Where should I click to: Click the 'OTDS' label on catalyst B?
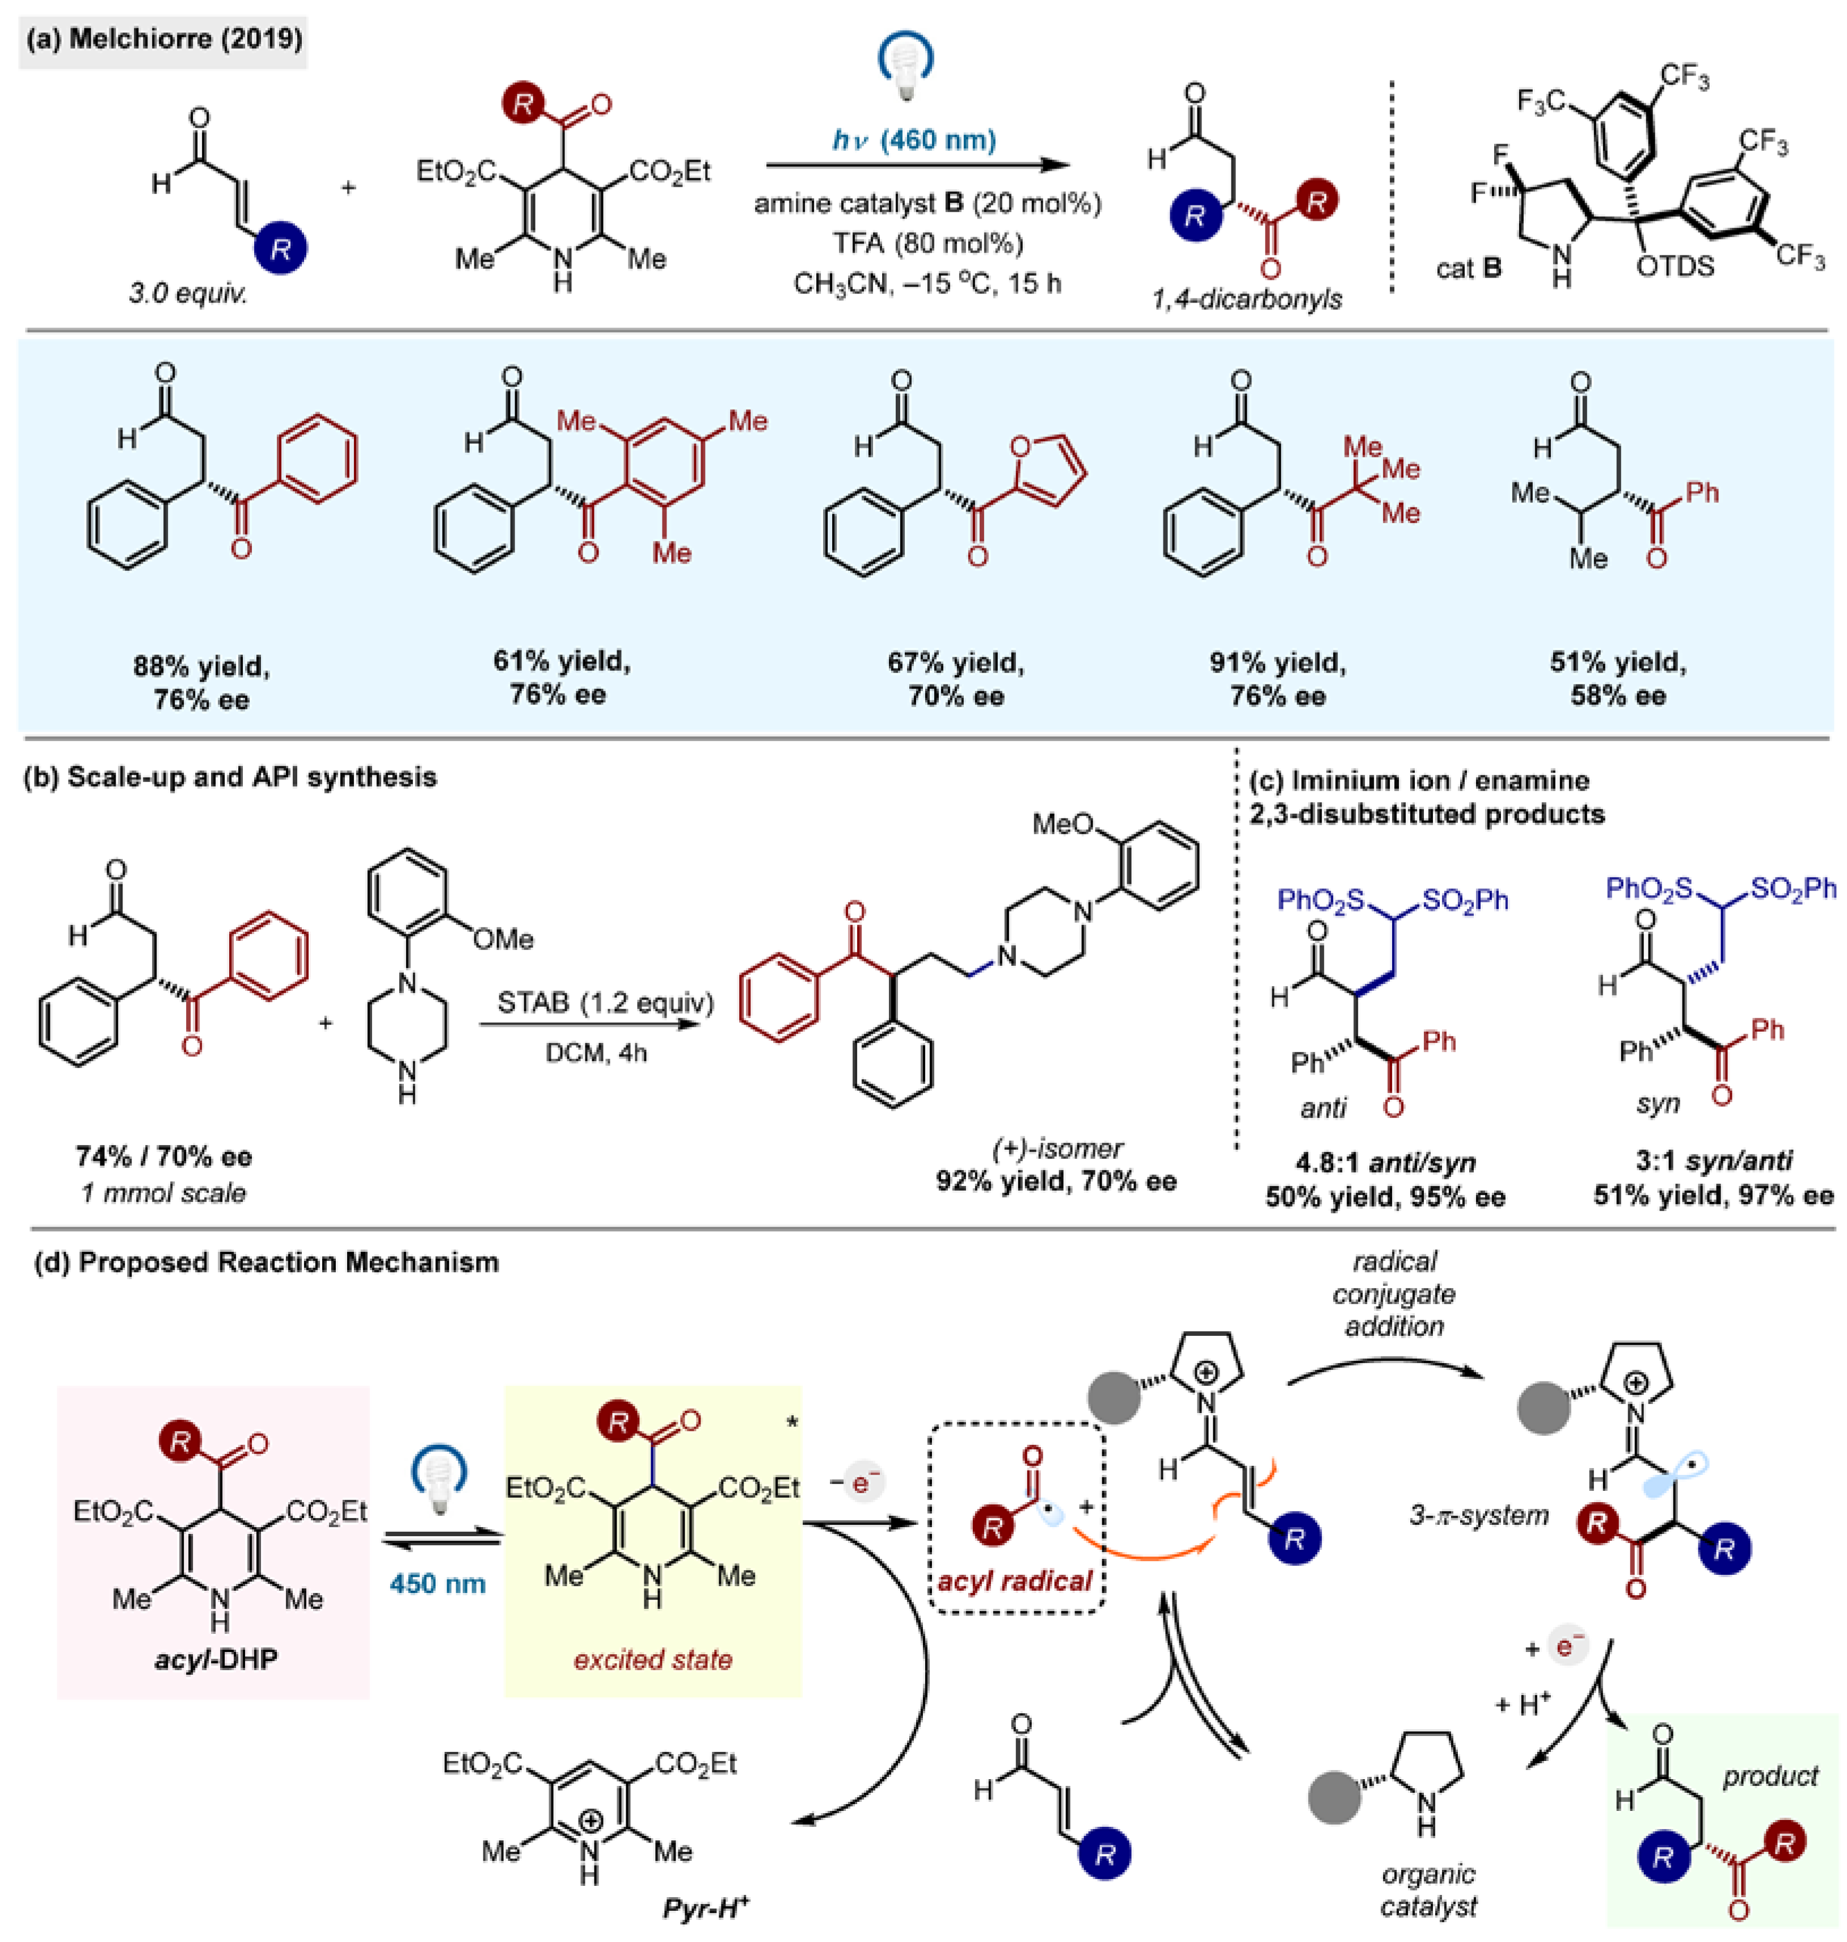1675,266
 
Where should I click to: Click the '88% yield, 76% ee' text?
202,683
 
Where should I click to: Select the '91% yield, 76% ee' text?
1278,679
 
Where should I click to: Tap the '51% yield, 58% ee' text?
1618,679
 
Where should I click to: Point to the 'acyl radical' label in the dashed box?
1015,1582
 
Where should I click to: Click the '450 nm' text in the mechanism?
437,1583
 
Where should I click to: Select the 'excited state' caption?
653,1659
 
